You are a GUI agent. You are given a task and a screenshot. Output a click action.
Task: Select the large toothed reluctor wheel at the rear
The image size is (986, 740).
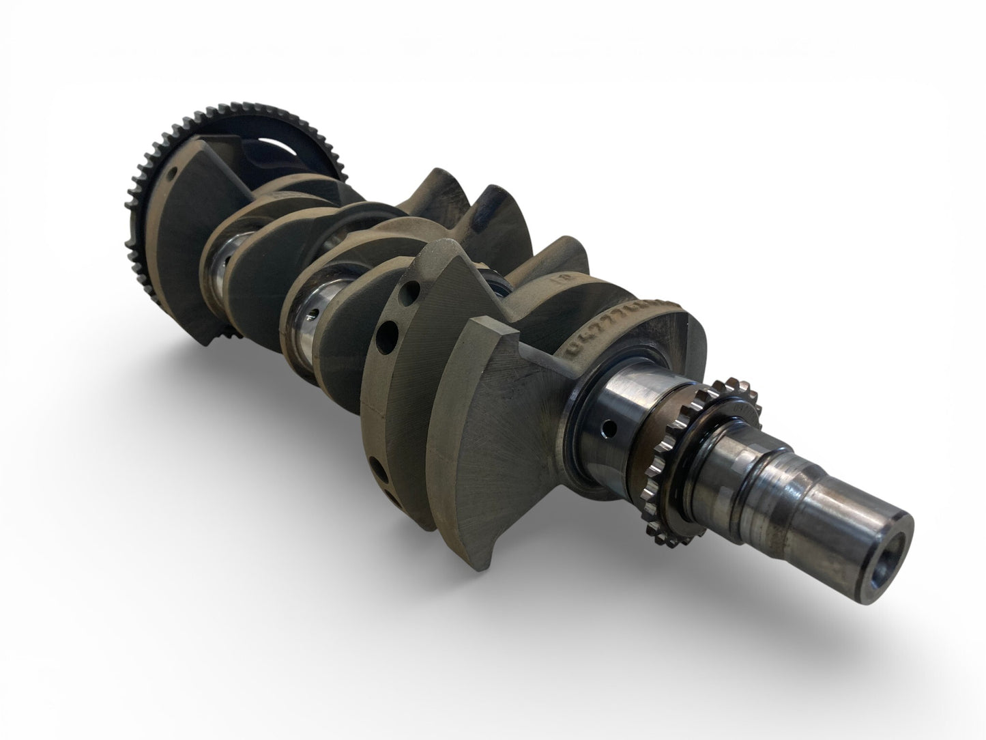147,164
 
